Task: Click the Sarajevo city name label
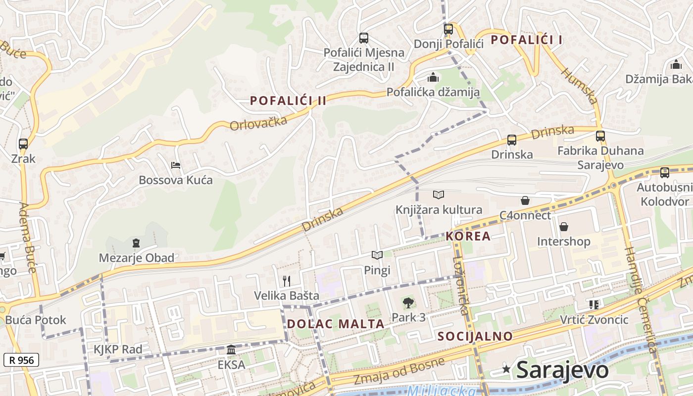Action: (x=562, y=370)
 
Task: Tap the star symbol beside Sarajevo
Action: (x=506, y=369)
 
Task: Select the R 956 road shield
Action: (x=21, y=360)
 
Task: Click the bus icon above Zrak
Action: (x=23, y=144)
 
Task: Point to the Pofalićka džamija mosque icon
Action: (x=433, y=78)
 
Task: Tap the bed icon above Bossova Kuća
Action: (x=175, y=165)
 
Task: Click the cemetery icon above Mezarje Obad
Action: (x=136, y=243)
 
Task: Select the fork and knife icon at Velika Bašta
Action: (x=286, y=281)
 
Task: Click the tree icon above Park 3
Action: (x=408, y=302)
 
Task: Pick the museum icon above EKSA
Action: (x=231, y=350)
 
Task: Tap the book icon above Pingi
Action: (x=377, y=255)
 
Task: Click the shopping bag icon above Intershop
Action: (x=563, y=227)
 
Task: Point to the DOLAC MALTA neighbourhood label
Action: (x=336, y=324)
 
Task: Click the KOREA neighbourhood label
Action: (x=468, y=236)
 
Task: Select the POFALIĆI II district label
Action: (x=288, y=100)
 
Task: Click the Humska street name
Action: (x=579, y=86)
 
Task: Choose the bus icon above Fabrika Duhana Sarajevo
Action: (x=600, y=136)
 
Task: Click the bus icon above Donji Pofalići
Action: (x=448, y=29)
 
